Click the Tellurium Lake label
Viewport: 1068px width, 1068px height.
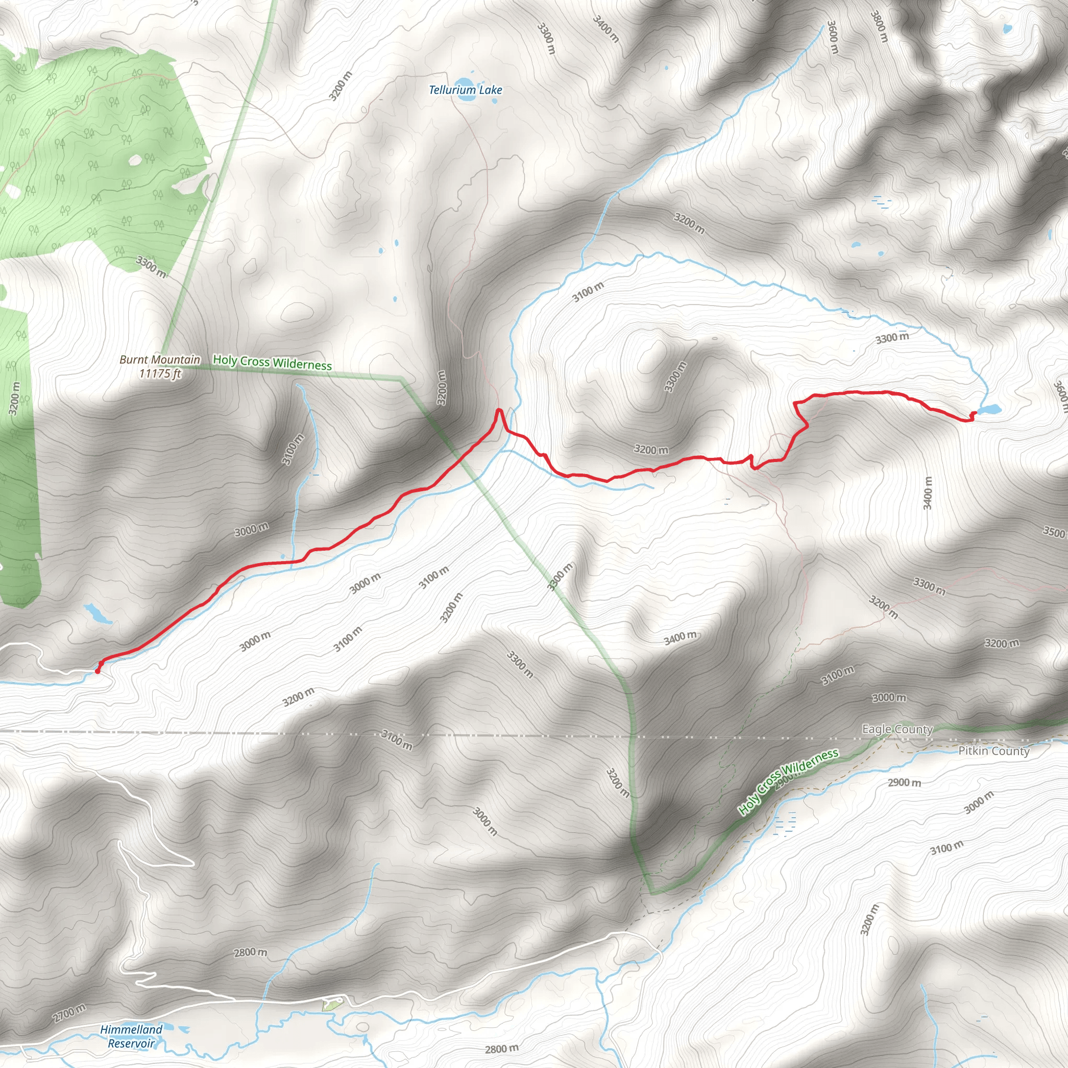tap(466, 90)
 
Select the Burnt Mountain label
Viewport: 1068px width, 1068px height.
tap(160, 360)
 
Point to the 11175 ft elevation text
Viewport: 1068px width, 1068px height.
tap(160, 374)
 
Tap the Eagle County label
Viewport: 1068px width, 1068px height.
tap(897, 729)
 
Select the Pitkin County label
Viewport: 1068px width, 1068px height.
tap(994, 751)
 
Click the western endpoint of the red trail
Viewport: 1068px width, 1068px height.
tap(98, 671)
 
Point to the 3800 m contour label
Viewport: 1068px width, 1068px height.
tap(879, 26)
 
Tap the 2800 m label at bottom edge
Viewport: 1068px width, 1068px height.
tap(501, 1049)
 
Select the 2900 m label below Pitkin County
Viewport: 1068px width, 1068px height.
tap(904, 782)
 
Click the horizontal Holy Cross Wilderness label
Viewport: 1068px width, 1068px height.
tap(272, 362)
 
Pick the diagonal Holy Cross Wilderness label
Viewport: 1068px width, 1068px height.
tap(789, 781)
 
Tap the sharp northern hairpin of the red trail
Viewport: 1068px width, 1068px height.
tap(499, 410)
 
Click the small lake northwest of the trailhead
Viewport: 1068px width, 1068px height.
tap(98, 613)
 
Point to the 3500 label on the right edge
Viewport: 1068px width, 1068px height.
tap(1053, 532)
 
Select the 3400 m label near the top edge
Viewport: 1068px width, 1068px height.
tap(606, 28)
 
